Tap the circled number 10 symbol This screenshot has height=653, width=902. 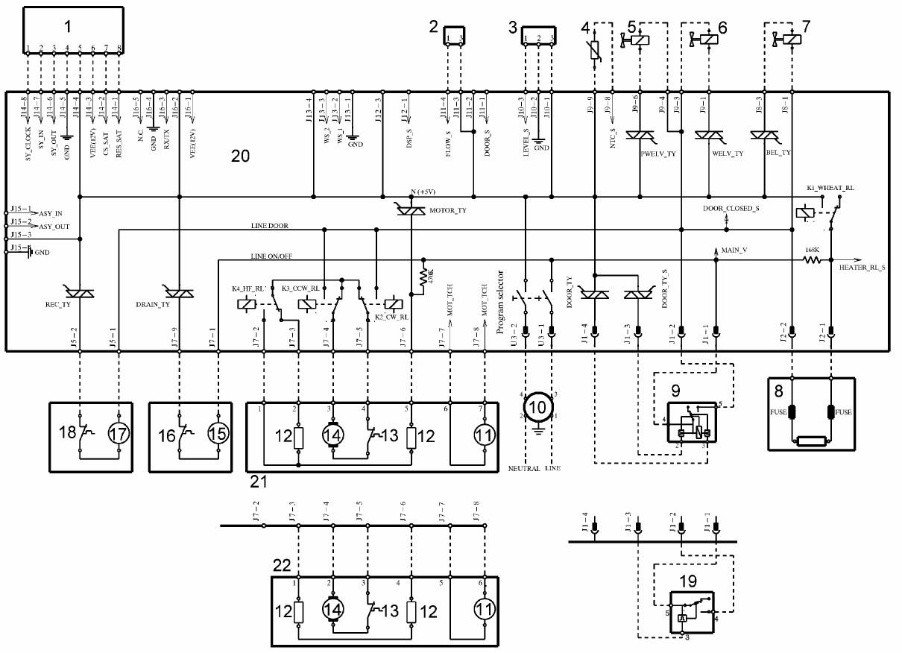tap(536, 407)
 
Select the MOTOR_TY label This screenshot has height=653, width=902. tap(448, 212)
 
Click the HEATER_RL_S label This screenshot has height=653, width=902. tap(862, 267)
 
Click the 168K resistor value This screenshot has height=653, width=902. tap(812, 251)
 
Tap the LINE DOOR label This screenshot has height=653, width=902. tap(270, 225)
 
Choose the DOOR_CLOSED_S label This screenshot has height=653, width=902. tap(731, 209)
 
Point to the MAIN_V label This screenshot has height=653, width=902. tap(734, 250)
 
